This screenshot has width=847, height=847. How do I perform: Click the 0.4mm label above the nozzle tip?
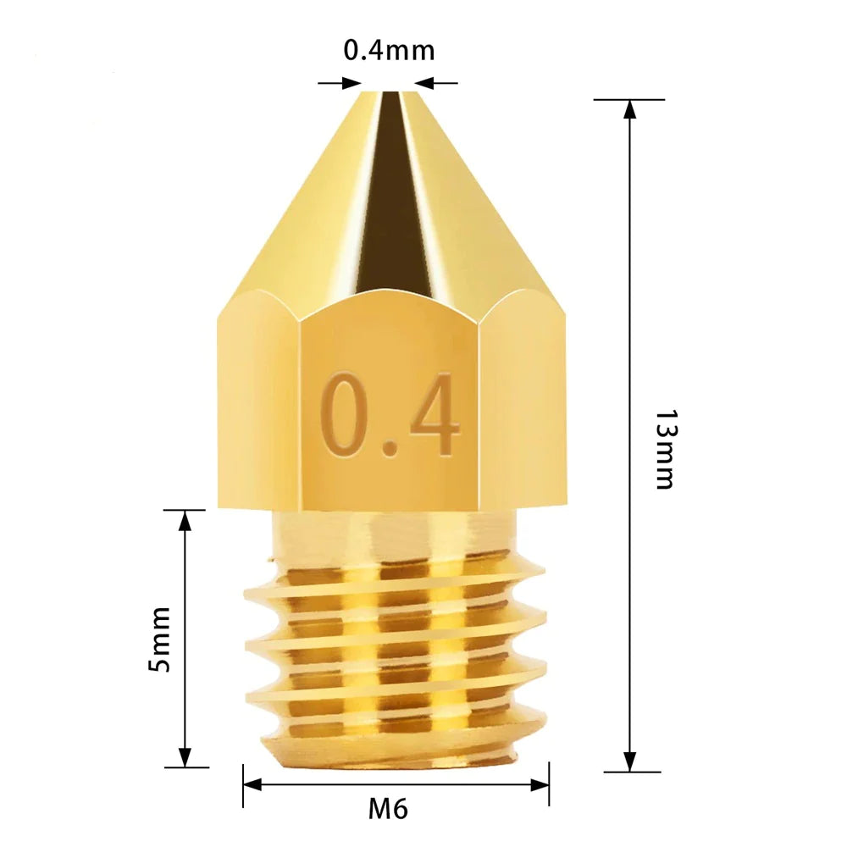389,51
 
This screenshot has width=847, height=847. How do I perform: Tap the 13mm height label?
666,450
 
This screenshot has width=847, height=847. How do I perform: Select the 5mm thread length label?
159,639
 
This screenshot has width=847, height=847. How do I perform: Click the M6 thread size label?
388,809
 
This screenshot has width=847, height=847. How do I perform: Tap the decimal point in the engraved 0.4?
390,448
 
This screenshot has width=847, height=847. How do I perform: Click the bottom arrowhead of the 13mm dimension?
629,761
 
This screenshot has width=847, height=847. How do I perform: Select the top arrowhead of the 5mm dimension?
185,521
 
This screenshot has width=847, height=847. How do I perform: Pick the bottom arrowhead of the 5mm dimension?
185,757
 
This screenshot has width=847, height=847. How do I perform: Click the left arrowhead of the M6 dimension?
253,785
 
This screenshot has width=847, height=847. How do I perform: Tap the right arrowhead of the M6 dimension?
540,785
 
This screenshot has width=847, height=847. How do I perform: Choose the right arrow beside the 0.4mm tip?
424,83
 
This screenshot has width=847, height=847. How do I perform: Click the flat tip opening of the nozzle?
389,92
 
